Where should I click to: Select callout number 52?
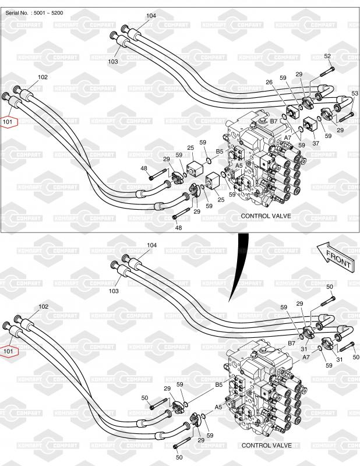(x=327, y=56)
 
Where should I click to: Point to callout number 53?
(x=355, y=93)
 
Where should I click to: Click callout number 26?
(x=269, y=82)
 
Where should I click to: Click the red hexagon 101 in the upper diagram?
(x=9, y=122)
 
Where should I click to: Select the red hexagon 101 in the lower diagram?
(x=9, y=351)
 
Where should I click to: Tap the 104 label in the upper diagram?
(x=151, y=16)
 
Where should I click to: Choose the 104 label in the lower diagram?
(x=151, y=245)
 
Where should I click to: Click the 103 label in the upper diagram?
(x=113, y=61)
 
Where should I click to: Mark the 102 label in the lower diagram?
(x=43, y=306)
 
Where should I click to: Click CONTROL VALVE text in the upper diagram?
(x=266, y=216)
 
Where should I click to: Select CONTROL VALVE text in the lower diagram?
(x=266, y=445)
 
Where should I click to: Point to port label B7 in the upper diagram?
(x=273, y=121)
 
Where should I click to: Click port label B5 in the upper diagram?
(x=220, y=151)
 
